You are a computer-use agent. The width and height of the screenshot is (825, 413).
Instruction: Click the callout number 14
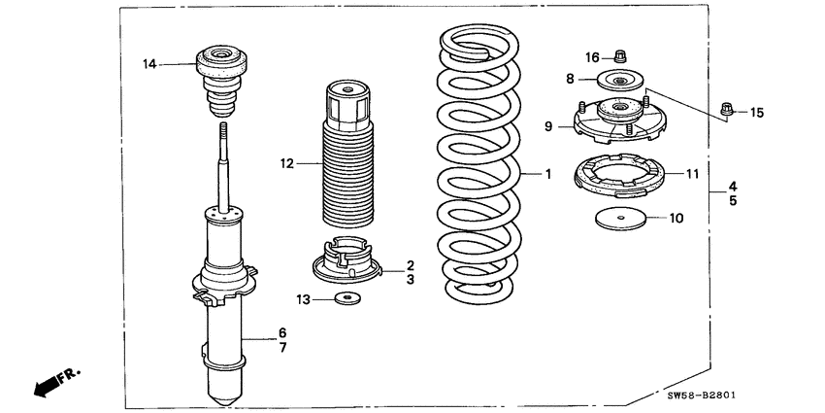tap(149, 65)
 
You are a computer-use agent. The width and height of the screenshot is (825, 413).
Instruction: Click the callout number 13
tap(303, 300)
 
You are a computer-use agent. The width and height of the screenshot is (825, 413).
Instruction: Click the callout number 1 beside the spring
tap(547, 175)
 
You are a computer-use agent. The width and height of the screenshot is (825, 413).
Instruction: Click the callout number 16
tap(593, 56)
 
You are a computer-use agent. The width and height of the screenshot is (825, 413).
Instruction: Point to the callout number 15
tap(756, 113)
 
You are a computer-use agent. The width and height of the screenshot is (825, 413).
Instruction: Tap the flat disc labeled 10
tap(618, 218)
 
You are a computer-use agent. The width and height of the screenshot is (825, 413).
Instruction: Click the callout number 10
tap(676, 219)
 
